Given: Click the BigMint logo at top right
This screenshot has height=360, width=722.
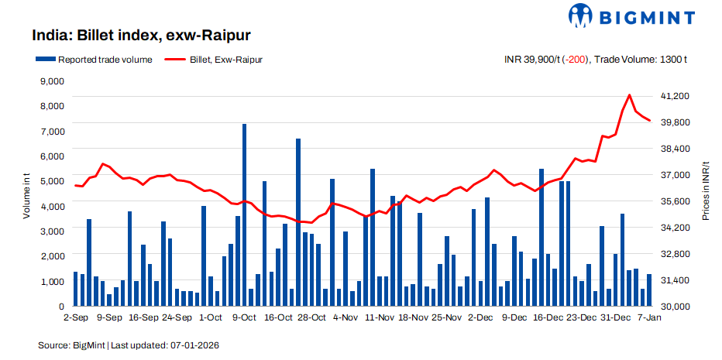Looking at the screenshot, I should tap(631, 15).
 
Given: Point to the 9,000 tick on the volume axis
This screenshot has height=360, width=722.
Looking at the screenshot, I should tap(50, 81).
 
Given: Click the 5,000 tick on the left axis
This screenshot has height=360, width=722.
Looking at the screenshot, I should tap(50, 181).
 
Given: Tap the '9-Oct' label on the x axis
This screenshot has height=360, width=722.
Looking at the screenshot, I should tap(244, 317).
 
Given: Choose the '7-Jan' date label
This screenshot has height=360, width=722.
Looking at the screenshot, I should tap(649, 317).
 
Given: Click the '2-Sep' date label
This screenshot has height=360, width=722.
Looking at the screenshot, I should tap(76, 317).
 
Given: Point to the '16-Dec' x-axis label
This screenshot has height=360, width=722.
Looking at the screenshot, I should tap(548, 317).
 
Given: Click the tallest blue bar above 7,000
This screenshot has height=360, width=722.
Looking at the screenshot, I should tap(244, 209).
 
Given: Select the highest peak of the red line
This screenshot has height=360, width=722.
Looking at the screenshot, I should tap(629, 95).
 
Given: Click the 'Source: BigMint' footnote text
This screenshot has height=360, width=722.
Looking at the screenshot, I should tap(72, 344).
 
